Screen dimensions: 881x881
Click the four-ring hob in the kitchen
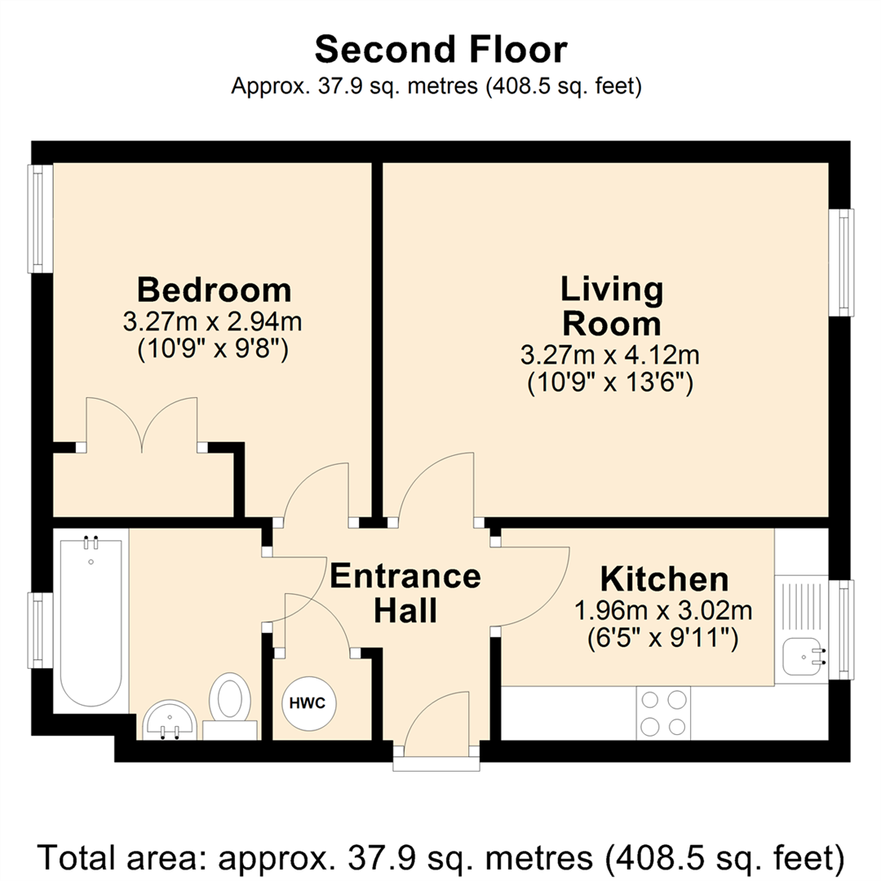click(x=662, y=713)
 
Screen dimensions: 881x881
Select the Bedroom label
click(x=214, y=290)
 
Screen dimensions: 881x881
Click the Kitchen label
click(x=664, y=579)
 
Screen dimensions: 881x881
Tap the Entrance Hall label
click(x=405, y=593)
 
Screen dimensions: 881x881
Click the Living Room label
click(x=611, y=306)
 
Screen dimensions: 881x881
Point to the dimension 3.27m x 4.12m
click(x=611, y=356)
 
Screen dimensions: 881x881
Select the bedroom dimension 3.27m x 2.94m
click(x=213, y=321)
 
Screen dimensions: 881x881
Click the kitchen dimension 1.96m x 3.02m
click(x=663, y=610)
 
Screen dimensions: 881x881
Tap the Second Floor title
click(x=440, y=51)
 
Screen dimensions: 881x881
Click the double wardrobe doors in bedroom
click(x=142, y=424)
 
